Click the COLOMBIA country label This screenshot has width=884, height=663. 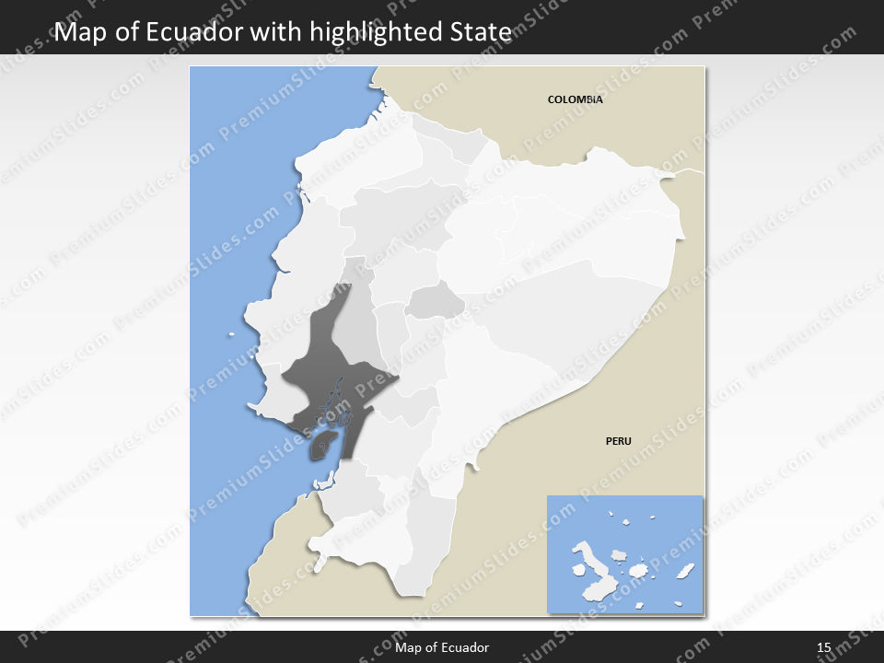pyautogui.click(x=575, y=99)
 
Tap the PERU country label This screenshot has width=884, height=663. pyautogui.click(x=618, y=441)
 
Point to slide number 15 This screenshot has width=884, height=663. pyautogui.click(x=824, y=648)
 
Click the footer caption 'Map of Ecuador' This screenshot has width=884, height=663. pyautogui.click(x=442, y=648)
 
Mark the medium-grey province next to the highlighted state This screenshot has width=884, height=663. pyautogui.click(x=355, y=327)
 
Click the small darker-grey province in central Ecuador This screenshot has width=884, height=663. pyautogui.click(x=435, y=300)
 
